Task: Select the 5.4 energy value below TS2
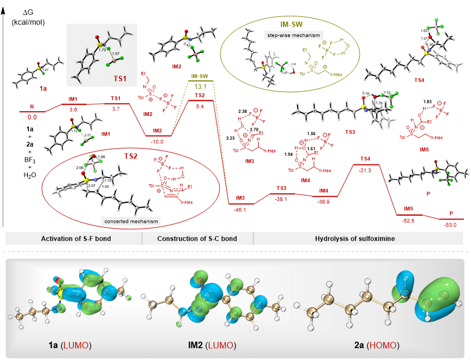tap(200, 106)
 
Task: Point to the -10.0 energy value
tap(158, 141)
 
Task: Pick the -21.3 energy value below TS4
tap(366, 170)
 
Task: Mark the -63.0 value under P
tap(451, 224)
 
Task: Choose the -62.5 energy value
tap(408, 220)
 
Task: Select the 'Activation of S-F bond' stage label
tap(73, 239)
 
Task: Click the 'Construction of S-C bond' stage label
tap(197, 239)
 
